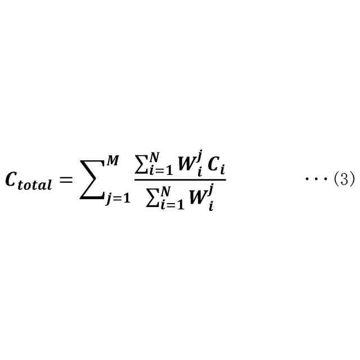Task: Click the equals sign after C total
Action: tap(66, 180)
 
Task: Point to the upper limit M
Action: tap(113, 161)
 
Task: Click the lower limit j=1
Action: tap(118, 199)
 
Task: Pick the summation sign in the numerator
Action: tap(141, 165)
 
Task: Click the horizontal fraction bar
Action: tap(180, 180)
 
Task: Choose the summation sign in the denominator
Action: tap(152, 197)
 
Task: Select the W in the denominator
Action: tap(196, 199)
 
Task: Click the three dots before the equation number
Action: tap(316, 179)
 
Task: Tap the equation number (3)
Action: tap(344, 179)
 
